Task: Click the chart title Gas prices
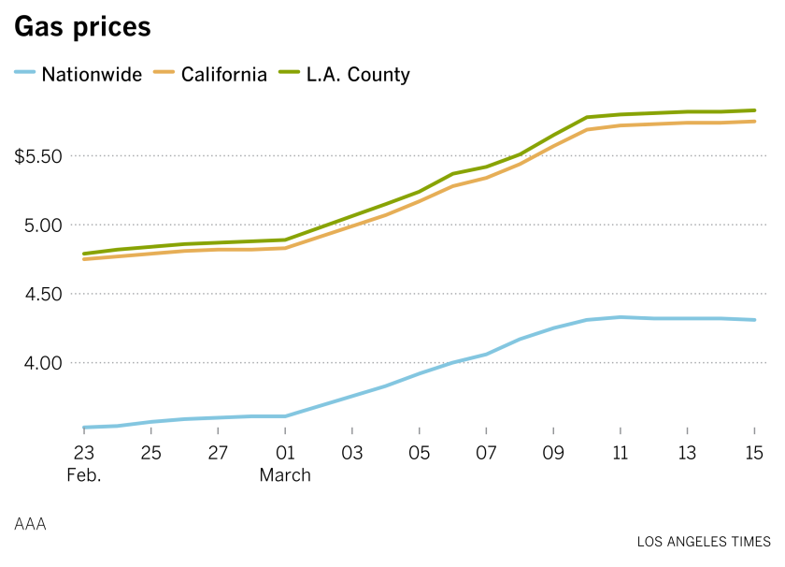(x=82, y=28)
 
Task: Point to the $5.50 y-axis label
(x=37, y=156)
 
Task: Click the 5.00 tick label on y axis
(x=43, y=225)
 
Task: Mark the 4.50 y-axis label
(x=43, y=295)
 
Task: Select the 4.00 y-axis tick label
(x=43, y=363)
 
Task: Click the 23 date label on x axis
(x=83, y=453)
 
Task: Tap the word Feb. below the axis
(x=83, y=475)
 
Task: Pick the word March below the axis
(x=285, y=475)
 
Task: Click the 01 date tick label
(x=285, y=453)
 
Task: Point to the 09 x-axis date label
(x=553, y=453)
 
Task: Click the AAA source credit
(x=30, y=524)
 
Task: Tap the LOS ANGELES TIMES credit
(x=704, y=542)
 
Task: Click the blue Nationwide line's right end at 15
(x=754, y=320)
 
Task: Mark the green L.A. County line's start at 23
(x=84, y=254)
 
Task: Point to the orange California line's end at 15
(x=754, y=122)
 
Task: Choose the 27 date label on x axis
(x=218, y=453)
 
